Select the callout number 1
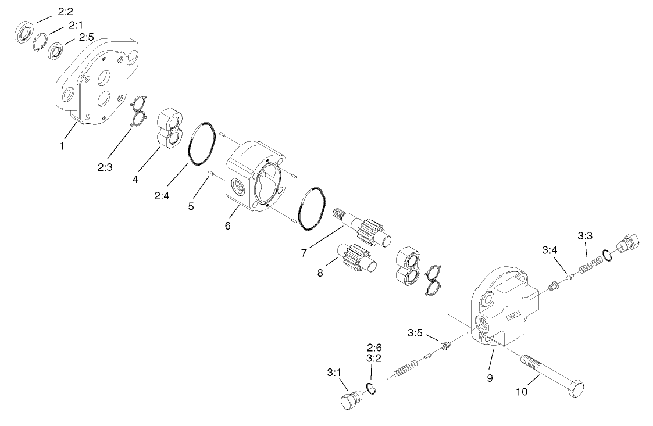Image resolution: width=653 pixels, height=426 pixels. (x=62, y=145)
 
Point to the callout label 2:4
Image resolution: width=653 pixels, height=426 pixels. (x=161, y=196)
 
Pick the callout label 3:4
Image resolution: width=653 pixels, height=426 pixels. (x=549, y=251)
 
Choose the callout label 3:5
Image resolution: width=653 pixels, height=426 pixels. (x=415, y=333)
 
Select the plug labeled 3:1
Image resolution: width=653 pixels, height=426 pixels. (x=349, y=400)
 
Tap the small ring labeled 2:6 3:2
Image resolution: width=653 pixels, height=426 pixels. (x=371, y=388)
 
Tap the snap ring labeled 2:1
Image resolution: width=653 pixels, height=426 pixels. (x=40, y=44)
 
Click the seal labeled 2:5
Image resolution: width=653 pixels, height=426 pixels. (x=56, y=51)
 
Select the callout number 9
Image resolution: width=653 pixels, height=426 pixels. (x=490, y=378)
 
